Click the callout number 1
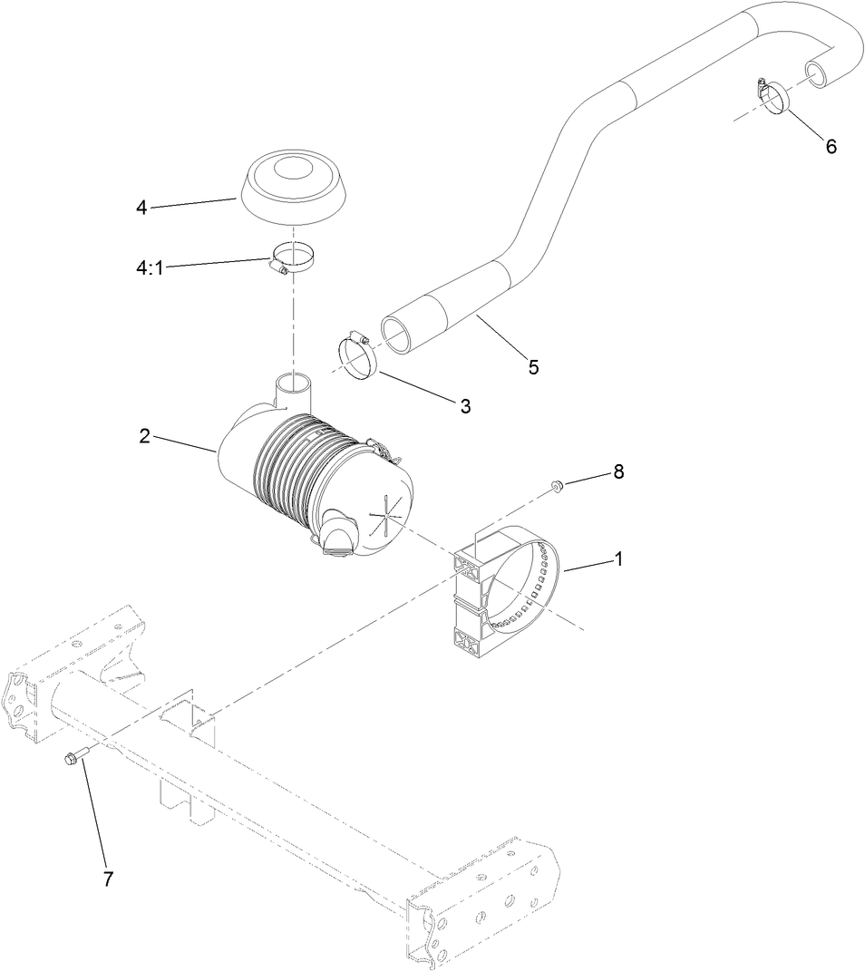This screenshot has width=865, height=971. [618, 559]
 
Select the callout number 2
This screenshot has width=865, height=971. [144, 435]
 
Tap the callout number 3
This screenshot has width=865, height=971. [465, 406]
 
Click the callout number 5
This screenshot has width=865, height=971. [533, 366]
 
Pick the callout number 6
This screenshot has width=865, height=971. [831, 146]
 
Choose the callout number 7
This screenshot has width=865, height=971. [108, 879]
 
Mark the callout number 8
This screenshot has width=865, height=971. [618, 471]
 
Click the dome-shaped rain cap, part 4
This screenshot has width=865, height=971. [287, 188]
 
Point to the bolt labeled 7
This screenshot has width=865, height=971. [75, 756]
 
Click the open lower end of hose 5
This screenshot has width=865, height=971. [400, 334]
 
